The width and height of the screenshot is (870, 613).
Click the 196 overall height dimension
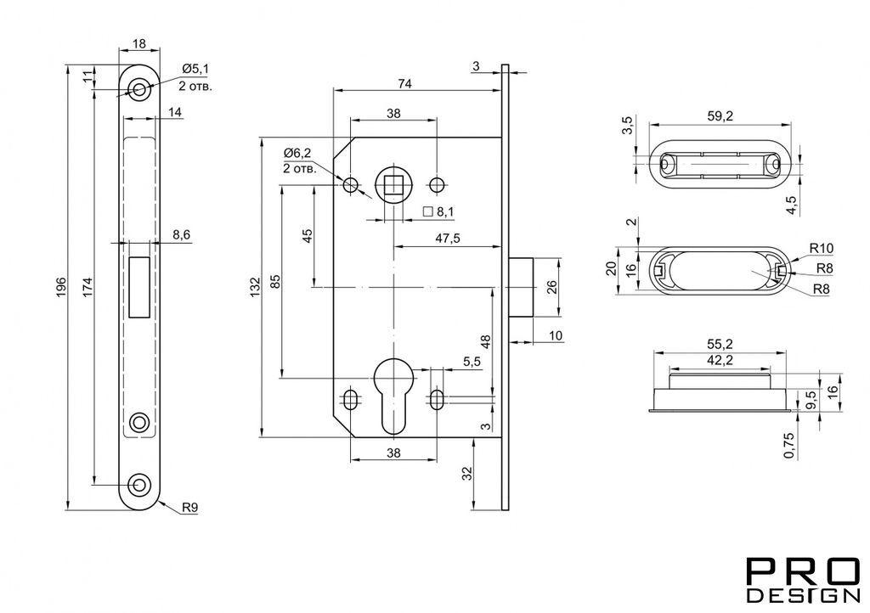pos(61,286)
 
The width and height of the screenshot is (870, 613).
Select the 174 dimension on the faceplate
pos(88,286)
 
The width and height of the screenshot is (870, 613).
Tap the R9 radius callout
pos(190,507)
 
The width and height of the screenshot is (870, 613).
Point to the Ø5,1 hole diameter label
pos(195,69)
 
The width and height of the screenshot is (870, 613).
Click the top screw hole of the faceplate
pos(139,89)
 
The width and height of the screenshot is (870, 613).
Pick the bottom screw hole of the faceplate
pos(139,485)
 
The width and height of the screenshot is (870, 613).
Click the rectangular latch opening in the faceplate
pos(139,287)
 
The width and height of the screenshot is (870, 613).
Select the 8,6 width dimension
pos(182,235)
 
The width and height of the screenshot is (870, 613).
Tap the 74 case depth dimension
pos(405,84)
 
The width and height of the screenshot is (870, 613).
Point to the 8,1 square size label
pos(445,211)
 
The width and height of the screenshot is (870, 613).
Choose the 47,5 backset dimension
pos(448,239)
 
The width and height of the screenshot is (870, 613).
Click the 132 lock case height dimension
pos(255,287)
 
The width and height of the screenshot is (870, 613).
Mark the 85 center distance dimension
pos(275,282)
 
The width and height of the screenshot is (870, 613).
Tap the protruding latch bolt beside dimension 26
pos(521,287)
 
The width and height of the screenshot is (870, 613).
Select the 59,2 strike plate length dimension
pos(720,115)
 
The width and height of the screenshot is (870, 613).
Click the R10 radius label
pos(822,248)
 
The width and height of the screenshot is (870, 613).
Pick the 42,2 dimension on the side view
pos(720,360)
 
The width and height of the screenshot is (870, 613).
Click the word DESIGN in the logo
pos(803,594)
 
